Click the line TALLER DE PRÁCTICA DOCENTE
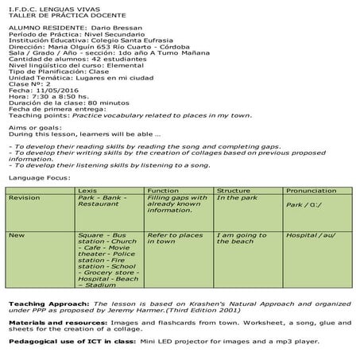tap(50, 15)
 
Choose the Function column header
tap(162, 191)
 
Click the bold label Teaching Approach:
tap(46, 305)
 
